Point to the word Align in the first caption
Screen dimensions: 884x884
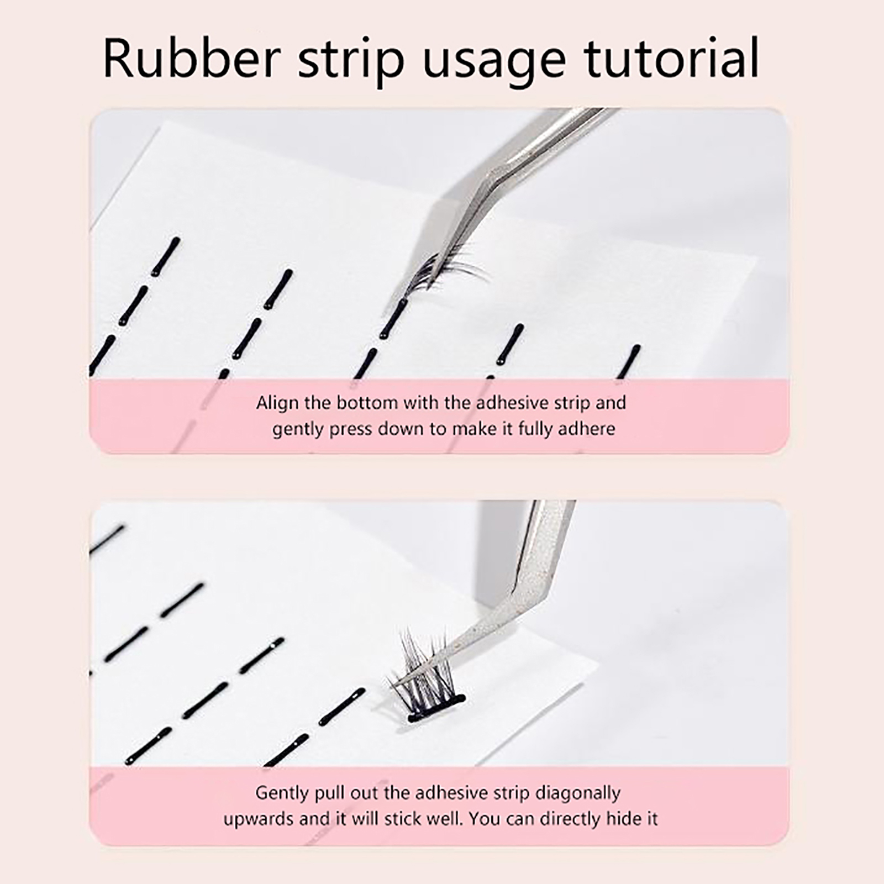(x=277, y=403)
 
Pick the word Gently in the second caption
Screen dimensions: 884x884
(x=282, y=793)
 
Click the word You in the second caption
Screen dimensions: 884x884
(x=483, y=818)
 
